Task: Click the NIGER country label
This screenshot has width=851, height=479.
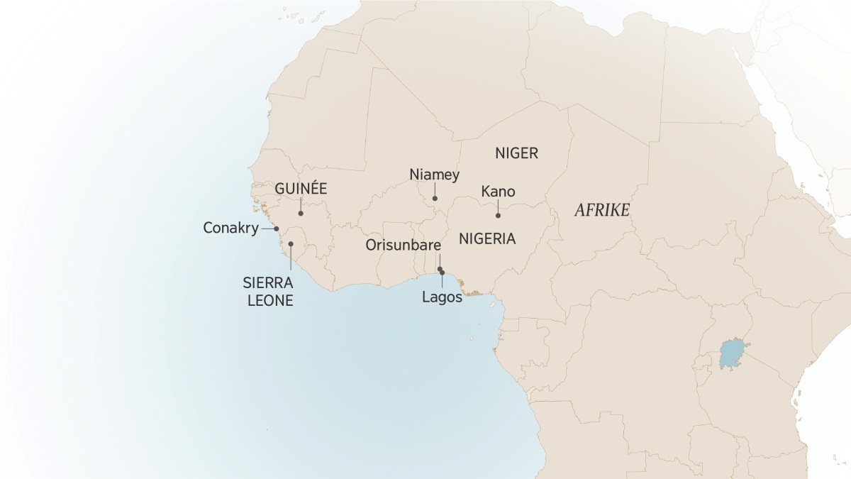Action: pyautogui.click(x=517, y=153)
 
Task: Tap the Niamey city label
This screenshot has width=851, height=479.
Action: pyautogui.click(x=435, y=175)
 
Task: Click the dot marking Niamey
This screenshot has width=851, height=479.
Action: pyautogui.click(x=435, y=199)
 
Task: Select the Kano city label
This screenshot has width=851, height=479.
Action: pyautogui.click(x=498, y=192)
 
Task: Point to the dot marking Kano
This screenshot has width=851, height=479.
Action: pyautogui.click(x=498, y=215)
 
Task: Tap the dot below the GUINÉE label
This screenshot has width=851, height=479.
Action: pyautogui.click(x=301, y=213)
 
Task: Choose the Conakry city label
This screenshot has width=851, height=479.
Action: pyautogui.click(x=230, y=229)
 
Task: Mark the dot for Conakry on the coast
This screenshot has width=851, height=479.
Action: pyautogui.click(x=277, y=229)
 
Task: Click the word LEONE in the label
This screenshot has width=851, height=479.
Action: pyautogui.click(x=269, y=300)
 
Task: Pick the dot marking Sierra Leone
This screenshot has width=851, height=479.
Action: pyautogui.click(x=291, y=244)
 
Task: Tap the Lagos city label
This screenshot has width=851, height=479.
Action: pyautogui.click(x=442, y=298)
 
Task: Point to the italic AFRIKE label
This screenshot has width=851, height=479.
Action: pyautogui.click(x=602, y=211)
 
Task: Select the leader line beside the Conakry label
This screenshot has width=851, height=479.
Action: pyautogui.click(x=268, y=229)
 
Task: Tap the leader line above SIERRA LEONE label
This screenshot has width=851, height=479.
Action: pyautogui.click(x=291, y=260)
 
